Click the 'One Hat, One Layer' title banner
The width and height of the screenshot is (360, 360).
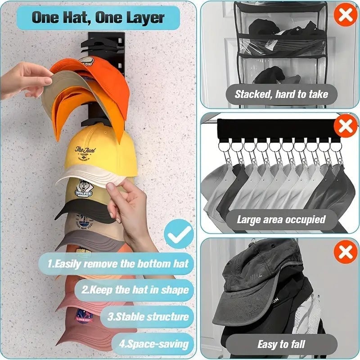(x=99, y=18)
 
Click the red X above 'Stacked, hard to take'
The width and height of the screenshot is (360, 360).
(x=345, y=16)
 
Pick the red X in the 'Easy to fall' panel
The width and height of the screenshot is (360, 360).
(x=345, y=252)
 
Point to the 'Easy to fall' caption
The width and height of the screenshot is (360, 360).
(x=281, y=345)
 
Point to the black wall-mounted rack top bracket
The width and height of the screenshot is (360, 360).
(x=101, y=40)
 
